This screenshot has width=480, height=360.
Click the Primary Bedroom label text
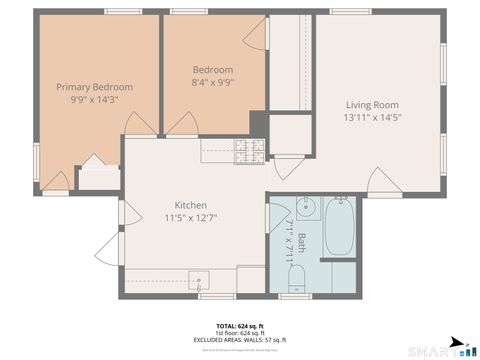(94, 87)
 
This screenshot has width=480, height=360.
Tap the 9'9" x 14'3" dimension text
(94, 99)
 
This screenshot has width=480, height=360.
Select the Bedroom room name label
(213, 69)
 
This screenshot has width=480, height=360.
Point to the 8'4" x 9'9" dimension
(213, 82)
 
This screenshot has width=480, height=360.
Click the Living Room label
(372, 105)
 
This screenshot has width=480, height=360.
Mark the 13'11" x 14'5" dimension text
(372, 117)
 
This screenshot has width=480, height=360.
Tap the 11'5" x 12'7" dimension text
(191, 217)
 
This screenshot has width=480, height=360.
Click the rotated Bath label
(302, 242)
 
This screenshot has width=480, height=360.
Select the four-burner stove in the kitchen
(249, 151)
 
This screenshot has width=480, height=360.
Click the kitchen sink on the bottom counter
(199, 280)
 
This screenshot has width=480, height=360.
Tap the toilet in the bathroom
(297, 285)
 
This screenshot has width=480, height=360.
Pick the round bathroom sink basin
(306, 209)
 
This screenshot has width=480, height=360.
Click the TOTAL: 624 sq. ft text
(240, 326)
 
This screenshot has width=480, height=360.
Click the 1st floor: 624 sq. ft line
(240, 333)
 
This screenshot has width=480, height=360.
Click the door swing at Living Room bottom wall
(385, 182)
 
